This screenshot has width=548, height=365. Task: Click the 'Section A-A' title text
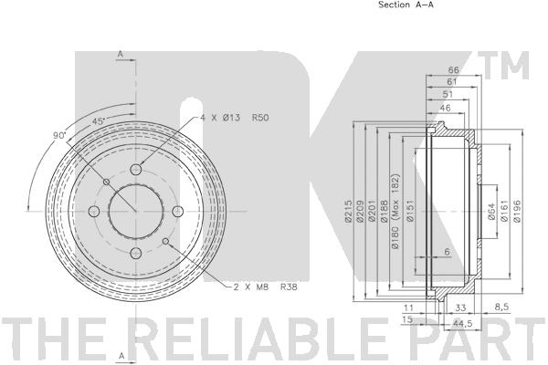(x=406, y=5)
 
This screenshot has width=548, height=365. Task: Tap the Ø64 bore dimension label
(x=491, y=212)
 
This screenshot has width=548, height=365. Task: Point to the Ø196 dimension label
(x=517, y=211)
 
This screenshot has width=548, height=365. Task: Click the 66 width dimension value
(x=454, y=70)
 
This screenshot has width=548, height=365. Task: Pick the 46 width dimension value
(x=445, y=108)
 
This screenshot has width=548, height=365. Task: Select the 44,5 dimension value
(x=462, y=323)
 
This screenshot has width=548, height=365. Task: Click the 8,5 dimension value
(x=501, y=308)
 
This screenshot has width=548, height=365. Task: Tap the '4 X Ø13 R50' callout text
(x=234, y=118)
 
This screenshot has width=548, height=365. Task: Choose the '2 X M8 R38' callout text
(x=265, y=287)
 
